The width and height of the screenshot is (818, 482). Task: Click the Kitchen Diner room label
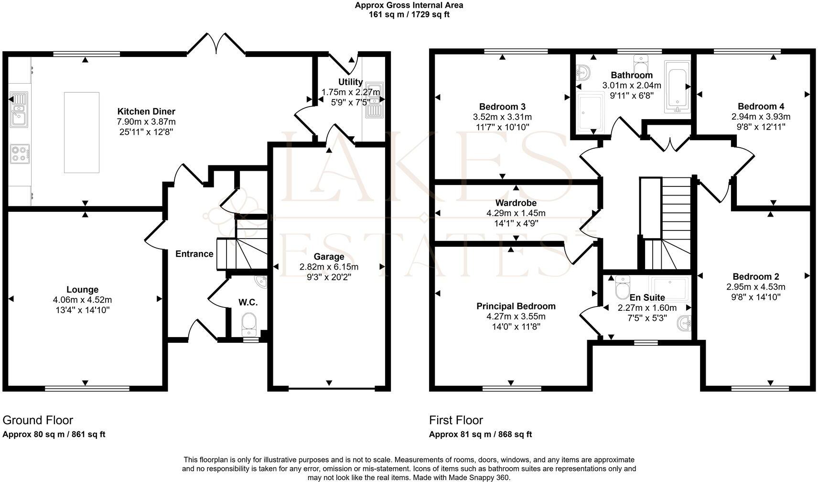[x=146, y=111]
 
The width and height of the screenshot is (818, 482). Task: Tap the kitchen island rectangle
[x=82, y=132]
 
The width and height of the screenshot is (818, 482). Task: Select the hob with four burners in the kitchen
[x=20, y=153]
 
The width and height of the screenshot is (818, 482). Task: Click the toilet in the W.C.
[x=249, y=324]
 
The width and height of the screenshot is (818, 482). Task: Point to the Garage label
[x=329, y=257]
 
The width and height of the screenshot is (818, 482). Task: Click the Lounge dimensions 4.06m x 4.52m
[x=83, y=300]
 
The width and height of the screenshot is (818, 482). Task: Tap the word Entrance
[x=194, y=254]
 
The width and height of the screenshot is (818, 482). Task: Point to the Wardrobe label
[x=516, y=203]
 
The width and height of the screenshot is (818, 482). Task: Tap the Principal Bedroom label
[x=516, y=306]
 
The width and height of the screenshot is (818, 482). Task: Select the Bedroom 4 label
[x=761, y=106]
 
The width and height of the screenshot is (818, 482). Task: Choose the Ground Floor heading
[x=38, y=420]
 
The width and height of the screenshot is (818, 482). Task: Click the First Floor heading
[x=456, y=420]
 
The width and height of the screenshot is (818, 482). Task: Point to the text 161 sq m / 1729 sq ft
[x=409, y=14]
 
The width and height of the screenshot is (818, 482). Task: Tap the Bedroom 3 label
[x=502, y=106]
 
